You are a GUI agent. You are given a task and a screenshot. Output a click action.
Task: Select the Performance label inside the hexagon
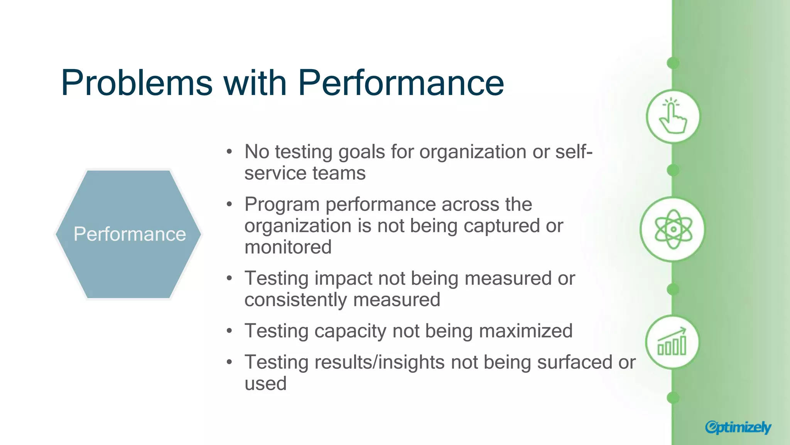click(x=130, y=234)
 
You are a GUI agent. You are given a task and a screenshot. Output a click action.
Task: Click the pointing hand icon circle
click(x=673, y=116)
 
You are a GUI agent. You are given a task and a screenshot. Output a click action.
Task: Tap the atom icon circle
click(x=673, y=229)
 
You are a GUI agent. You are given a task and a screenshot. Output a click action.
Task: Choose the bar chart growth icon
click(x=672, y=342)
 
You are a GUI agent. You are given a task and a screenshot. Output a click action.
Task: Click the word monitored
click(x=288, y=247)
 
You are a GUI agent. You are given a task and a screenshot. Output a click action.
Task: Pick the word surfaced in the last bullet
click(x=574, y=362)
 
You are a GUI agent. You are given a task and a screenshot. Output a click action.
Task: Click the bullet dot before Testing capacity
click(x=230, y=331)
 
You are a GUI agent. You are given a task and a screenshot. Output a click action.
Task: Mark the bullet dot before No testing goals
click(x=230, y=152)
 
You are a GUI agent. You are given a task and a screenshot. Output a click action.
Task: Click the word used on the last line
click(x=265, y=384)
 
